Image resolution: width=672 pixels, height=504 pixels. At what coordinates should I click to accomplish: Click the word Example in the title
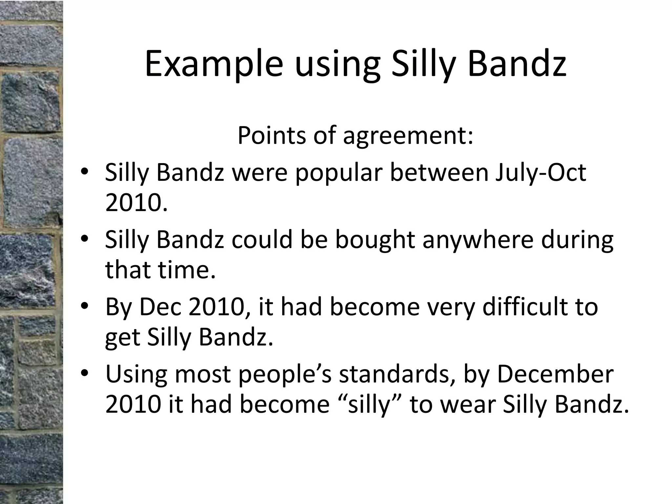point(214,64)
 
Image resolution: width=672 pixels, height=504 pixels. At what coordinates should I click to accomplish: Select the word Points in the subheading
point(271,135)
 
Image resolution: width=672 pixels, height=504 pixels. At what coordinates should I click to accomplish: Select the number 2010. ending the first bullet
point(136,203)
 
